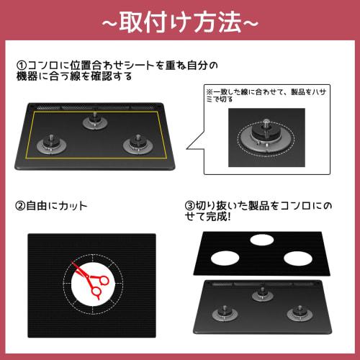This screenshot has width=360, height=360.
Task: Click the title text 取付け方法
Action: coord(180,22)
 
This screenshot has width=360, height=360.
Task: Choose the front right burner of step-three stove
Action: coord(297,314)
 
